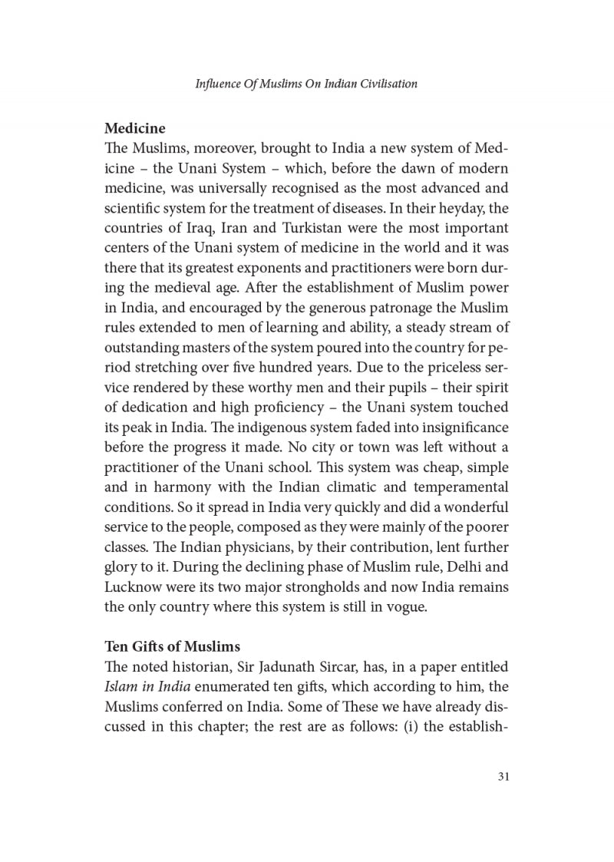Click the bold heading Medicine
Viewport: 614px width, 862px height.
(x=135, y=127)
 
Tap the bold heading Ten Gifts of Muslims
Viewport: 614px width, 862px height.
(x=173, y=646)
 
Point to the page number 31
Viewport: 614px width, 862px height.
(x=503, y=776)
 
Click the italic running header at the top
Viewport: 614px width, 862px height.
(x=306, y=84)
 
